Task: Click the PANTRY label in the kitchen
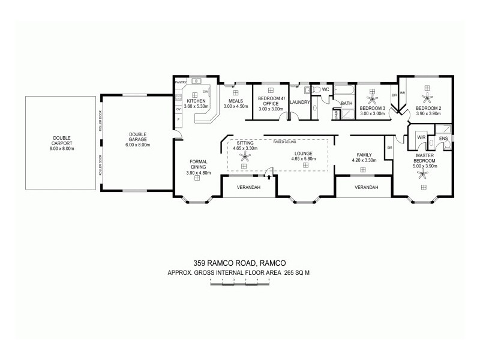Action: pyautogui.click(x=180, y=82)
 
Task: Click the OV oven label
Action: pyautogui.click(x=178, y=110)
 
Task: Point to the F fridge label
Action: pyautogui.click(x=178, y=121)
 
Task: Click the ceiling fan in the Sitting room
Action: pyautogui.click(x=244, y=157)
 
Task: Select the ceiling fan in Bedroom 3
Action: pyautogui.click(x=372, y=98)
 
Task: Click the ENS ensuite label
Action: pyautogui.click(x=443, y=139)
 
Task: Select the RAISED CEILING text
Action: pyautogui.click(x=285, y=143)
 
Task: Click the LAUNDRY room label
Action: pyautogui.click(x=299, y=103)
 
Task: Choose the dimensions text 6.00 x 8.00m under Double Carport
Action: pyautogui.click(x=62, y=148)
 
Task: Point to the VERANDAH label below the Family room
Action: pyautogui.click(x=366, y=188)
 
